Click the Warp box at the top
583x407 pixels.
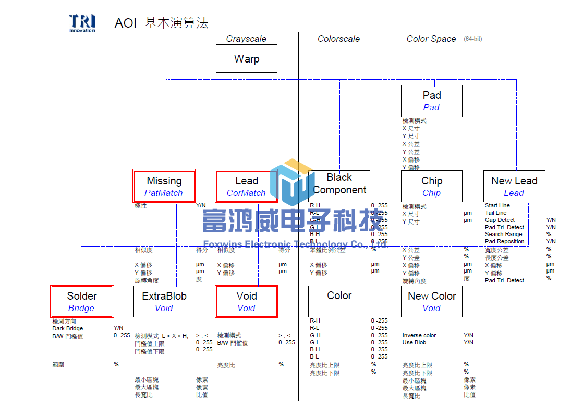click(x=247, y=59)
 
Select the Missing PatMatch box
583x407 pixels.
click(x=164, y=187)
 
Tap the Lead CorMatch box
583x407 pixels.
click(x=247, y=187)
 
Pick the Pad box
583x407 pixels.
click(x=432, y=101)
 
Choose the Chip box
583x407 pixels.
click(x=432, y=187)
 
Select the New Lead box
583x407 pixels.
click(x=514, y=187)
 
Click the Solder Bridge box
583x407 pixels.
click(x=82, y=301)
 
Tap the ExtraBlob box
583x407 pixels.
click(x=164, y=301)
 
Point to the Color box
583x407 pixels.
click(x=339, y=301)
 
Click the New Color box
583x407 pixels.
click(x=432, y=301)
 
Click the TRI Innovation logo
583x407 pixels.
click(x=82, y=23)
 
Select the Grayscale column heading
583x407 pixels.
click(x=246, y=39)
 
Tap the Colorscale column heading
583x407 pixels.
click(x=338, y=39)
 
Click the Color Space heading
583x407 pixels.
click(x=431, y=39)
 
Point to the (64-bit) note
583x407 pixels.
click(x=472, y=39)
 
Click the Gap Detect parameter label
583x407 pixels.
click(x=500, y=220)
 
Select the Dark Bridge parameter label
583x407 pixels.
click(x=68, y=328)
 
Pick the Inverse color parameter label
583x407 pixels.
click(x=419, y=335)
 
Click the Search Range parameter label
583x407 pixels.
click(x=504, y=234)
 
